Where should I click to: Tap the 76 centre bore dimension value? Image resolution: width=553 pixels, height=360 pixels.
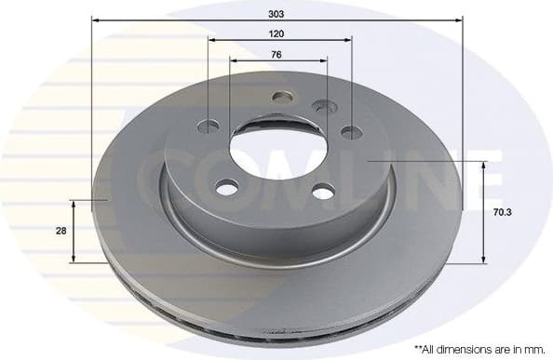coord(276,54)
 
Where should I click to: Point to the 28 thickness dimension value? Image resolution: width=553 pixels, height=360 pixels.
coord(61,231)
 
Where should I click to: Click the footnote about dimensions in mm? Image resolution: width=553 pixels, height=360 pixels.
coord(479,349)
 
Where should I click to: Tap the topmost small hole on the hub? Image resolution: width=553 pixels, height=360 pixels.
coord(282,96)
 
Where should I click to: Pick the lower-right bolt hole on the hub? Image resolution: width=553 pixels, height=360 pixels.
coord(321,192)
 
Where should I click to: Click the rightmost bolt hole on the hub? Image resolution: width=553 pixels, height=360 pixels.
coord(350,131)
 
